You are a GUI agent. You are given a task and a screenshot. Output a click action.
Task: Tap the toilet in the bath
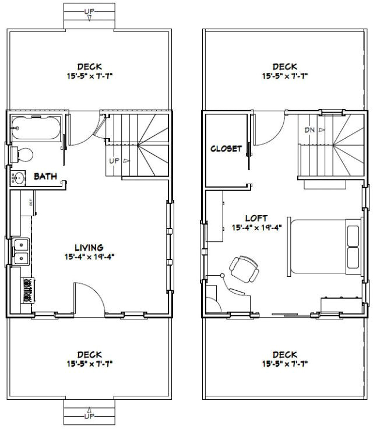pos(23,154)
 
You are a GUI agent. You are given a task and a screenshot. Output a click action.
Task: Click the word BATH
pos(45,176)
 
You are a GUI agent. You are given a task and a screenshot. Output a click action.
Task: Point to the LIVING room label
pos(89,248)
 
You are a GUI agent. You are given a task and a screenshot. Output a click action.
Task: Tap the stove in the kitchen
pos(27,290)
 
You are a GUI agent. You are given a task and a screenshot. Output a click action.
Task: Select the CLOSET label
pos(226,149)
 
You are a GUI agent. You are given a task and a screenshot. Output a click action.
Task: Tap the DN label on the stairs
pos(311,130)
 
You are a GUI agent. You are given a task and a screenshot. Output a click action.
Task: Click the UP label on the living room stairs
pos(114,160)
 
